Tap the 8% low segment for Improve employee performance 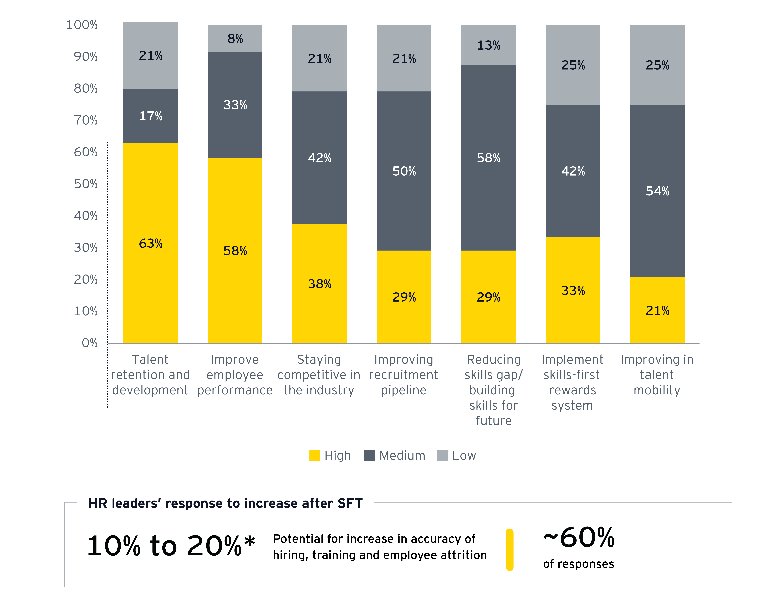click(235, 38)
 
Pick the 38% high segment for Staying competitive click(319, 284)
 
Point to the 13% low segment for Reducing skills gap click(488, 45)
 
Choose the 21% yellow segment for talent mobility click(657, 310)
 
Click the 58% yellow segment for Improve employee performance click(235, 250)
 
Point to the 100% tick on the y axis click(82, 25)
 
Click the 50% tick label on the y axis click(86, 184)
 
